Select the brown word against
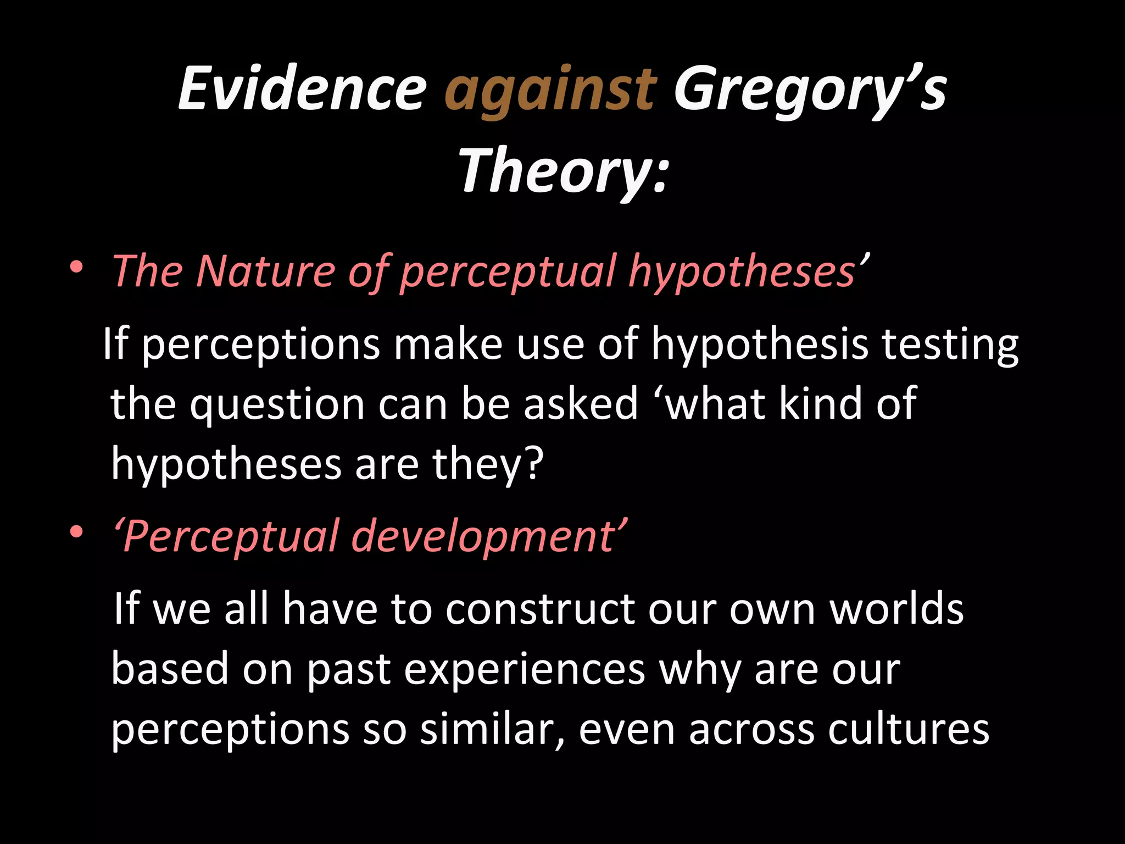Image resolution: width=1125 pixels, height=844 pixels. (x=550, y=91)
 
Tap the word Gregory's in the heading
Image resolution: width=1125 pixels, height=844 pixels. (x=810, y=91)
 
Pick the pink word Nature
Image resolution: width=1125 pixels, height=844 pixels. (x=265, y=271)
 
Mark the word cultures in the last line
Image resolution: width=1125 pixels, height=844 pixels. (x=909, y=730)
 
